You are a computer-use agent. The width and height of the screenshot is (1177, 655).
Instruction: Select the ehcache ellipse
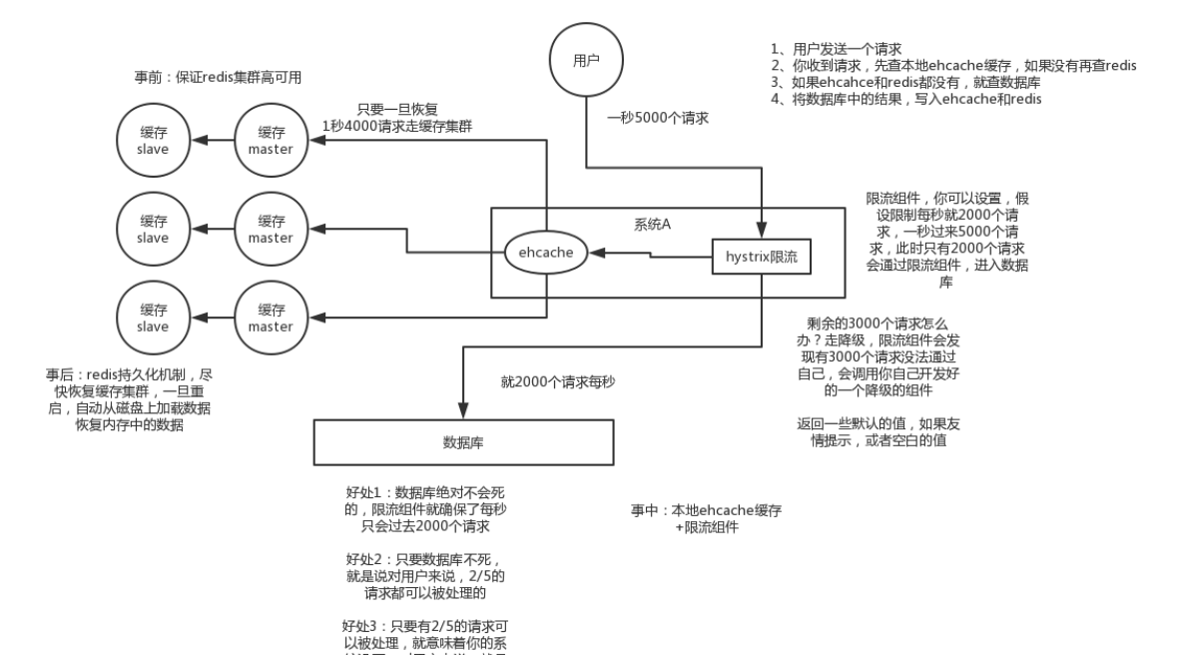(545, 253)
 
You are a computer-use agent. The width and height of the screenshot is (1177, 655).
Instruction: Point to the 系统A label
(652, 223)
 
